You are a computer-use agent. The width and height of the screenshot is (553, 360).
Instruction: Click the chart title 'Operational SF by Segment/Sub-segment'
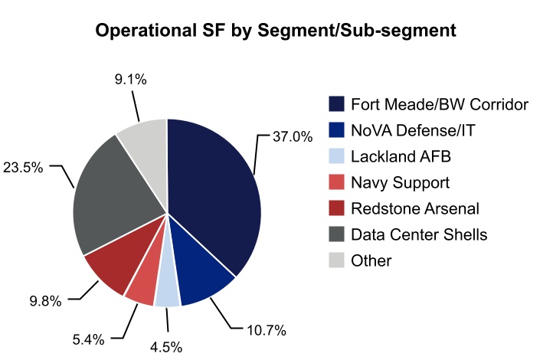[276, 31]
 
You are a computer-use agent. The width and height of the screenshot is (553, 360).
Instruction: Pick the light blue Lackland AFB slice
[167, 293]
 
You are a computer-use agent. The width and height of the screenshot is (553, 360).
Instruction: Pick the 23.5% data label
[24, 167]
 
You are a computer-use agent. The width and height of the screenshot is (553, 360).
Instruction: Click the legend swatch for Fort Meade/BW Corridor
[335, 104]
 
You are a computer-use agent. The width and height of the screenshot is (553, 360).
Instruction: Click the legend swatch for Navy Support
[335, 182]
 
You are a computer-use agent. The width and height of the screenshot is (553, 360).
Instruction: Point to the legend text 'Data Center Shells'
[418, 234]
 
